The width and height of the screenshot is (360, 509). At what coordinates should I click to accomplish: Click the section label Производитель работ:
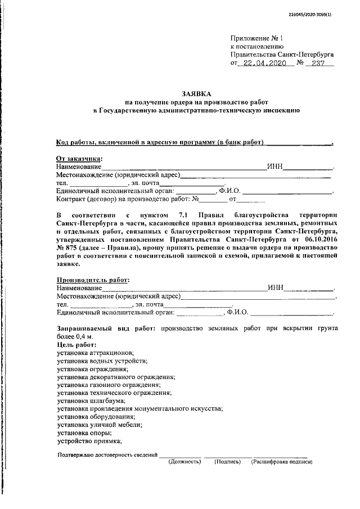click(93, 280)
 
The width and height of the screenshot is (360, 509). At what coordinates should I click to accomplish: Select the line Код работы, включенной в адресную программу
click(161, 143)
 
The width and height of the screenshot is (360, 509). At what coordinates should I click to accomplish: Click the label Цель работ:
click(76, 344)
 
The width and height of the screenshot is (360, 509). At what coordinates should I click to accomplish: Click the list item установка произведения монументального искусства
click(140, 409)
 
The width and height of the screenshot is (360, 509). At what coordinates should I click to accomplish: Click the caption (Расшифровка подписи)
click(281, 462)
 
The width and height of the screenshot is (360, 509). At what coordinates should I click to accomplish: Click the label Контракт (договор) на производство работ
click(123, 199)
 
